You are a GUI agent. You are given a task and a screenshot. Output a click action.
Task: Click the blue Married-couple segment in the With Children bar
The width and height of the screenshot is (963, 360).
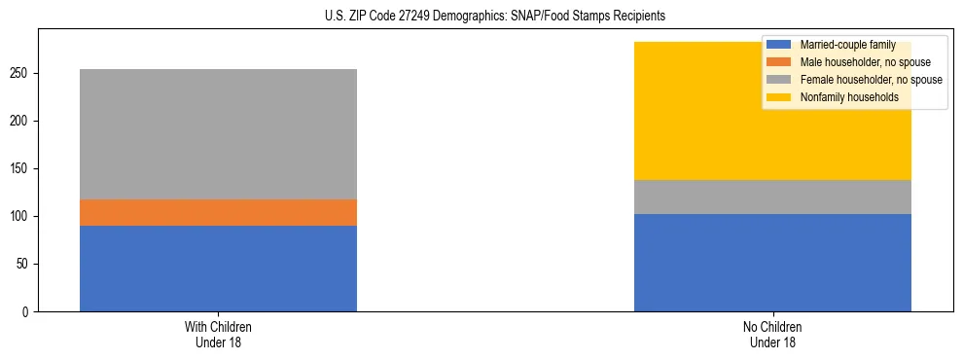coord(218,269)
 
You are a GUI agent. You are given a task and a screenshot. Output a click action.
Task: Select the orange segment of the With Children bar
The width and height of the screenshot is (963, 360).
coord(218,212)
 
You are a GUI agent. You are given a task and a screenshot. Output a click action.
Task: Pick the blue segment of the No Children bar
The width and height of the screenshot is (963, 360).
coord(772,263)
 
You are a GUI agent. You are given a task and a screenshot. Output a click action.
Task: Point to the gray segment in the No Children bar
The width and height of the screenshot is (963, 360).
coord(772,197)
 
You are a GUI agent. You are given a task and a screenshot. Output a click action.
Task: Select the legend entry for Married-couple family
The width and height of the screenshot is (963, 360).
coord(840,45)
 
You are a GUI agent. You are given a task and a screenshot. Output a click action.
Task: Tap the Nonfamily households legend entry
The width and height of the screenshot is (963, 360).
coord(842,97)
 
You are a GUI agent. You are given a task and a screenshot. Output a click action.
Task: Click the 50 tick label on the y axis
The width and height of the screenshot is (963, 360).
coord(26,264)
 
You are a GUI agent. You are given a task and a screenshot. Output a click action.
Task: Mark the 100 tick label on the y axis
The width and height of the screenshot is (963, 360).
coord(23,216)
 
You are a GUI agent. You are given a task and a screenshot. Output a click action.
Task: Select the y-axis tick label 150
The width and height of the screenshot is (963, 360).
coord(23,168)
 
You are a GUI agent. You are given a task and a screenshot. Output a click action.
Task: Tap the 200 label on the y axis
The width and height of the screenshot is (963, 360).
coord(23,121)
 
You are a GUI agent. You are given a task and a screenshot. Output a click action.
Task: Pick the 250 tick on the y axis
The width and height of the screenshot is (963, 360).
coord(23,73)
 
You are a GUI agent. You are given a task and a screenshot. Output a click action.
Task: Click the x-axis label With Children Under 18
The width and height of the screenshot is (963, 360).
coord(218,335)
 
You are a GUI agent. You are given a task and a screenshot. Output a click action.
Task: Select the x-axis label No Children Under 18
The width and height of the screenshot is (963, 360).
coord(772,335)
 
